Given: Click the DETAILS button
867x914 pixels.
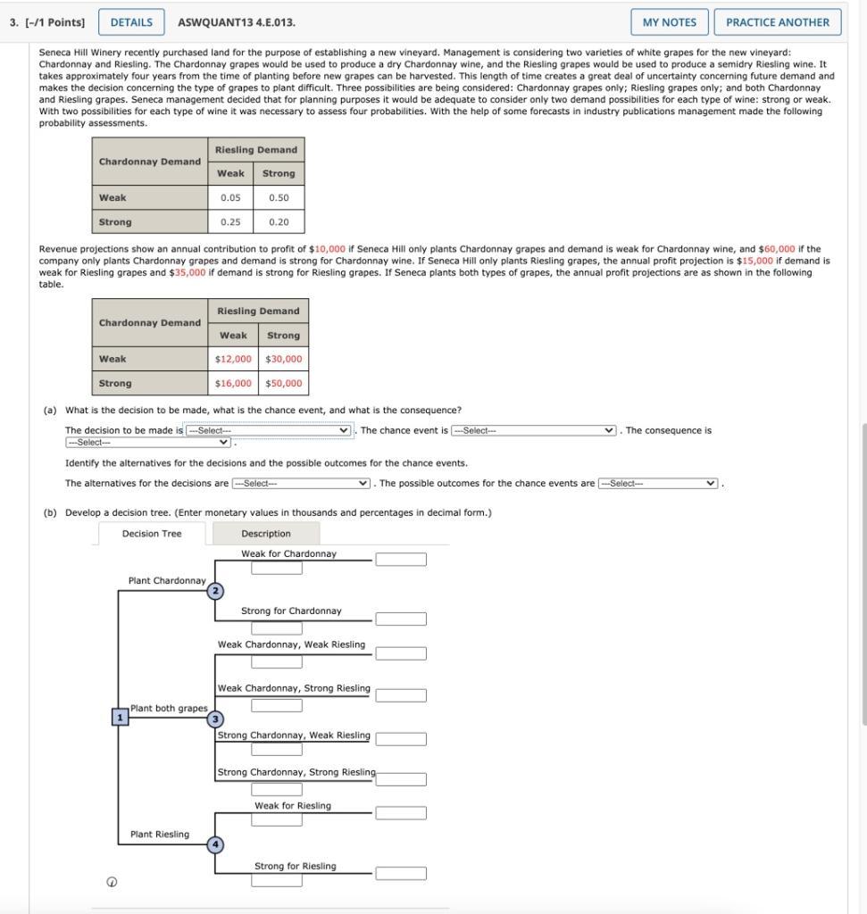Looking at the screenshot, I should point(131,22).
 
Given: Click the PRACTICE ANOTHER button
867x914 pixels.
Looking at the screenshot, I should point(777,22).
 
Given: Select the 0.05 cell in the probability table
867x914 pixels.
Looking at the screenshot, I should point(229,198).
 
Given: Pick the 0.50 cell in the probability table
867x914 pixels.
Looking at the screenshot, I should point(279,198).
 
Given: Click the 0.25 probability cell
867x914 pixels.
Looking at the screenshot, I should point(229,222).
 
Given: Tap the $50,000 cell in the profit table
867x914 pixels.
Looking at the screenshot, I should point(283,384).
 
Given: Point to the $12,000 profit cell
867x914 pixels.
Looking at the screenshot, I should point(233,359).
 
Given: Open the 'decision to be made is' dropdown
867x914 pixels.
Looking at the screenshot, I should point(268,431).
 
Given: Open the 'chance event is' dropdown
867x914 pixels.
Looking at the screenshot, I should point(534,431).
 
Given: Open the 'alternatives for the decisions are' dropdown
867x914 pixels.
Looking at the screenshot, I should point(301,484).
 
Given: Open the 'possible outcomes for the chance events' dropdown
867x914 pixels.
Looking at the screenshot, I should point(658,484).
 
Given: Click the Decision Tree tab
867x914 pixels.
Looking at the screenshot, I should point(152,534).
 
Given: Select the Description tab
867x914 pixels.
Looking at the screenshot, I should point(265,534).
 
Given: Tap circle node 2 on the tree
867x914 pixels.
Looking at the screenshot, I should point(215,592).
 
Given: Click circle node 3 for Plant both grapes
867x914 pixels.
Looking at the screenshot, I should point(215,719).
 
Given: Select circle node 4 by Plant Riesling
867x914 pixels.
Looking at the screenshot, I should point(215,844).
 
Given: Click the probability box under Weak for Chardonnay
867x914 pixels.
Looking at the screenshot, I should point(276,568).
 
